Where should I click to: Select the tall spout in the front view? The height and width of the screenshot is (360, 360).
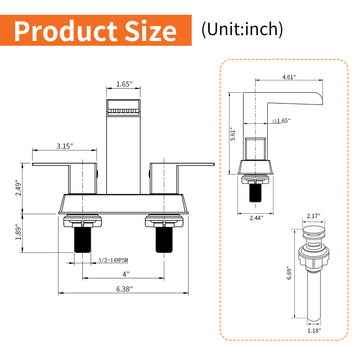(x=123, y=130)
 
